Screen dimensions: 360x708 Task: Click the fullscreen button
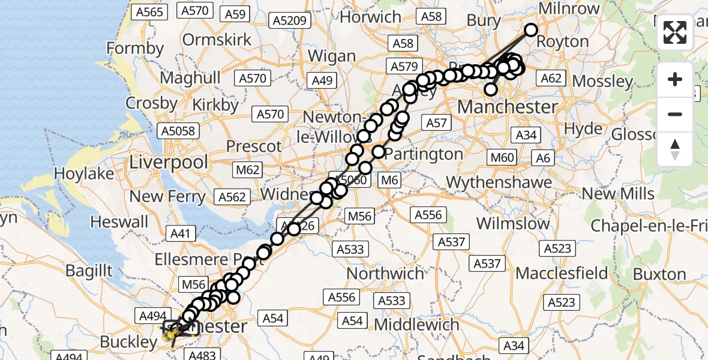click(x=675, y=32)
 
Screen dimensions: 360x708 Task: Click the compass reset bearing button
click(x=675, y=149)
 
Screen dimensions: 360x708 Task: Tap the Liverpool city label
click(x=169, y=162)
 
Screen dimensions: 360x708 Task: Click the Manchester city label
click(x=507, y=107)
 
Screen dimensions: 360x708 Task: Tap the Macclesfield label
click(x=562, y=274)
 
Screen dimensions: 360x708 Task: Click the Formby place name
click(x=135, y=48)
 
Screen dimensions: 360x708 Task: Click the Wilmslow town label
click(x=513, y=224)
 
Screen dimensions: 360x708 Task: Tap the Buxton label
click(x=660, y=275)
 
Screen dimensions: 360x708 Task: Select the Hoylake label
click(x=84, y=173)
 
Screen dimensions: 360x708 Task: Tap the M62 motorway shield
click(x=248, y=170)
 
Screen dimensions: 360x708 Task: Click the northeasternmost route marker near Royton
click(x=531, y=30)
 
